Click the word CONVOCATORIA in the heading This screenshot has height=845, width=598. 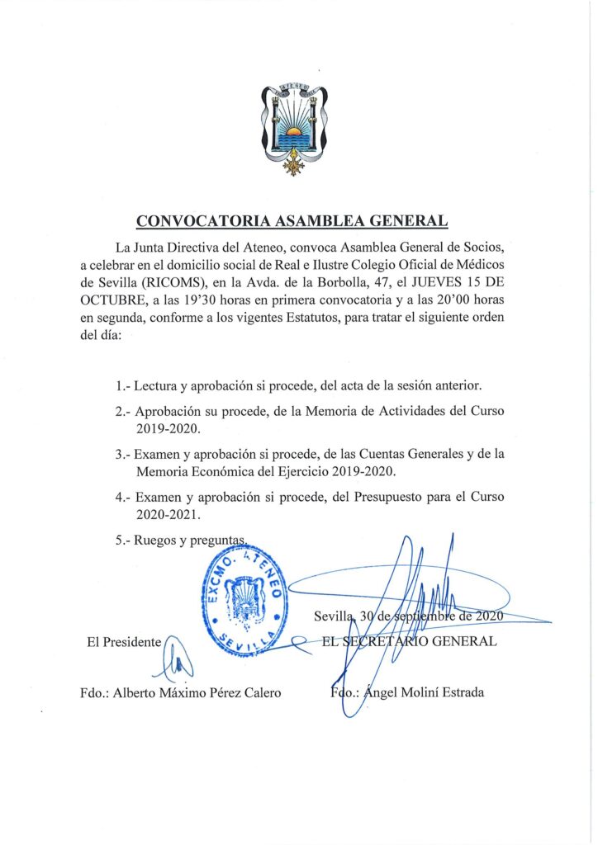point(192,220)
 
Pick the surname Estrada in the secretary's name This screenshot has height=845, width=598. point(458,692)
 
